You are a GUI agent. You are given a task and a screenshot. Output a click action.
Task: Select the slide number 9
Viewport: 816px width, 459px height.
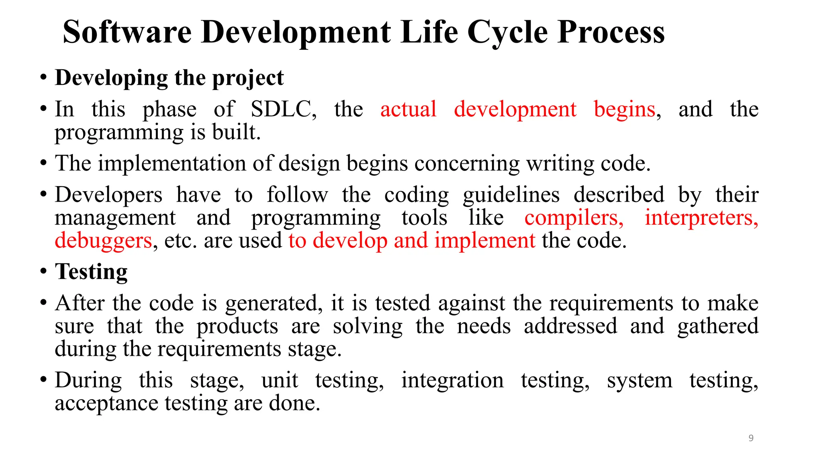tap(751, 438)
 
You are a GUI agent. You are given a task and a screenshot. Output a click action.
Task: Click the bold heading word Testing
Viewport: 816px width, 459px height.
tap(91, 272)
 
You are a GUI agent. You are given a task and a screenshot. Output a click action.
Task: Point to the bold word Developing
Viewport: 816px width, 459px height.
tap(111, 78)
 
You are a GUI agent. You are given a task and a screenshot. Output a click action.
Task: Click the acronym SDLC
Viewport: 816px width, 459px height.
tap(283, 109)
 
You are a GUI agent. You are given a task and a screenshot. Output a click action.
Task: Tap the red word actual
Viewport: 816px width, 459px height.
tap(408, 109)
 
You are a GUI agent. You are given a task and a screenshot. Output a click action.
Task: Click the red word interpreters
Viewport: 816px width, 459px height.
tap(701, 218)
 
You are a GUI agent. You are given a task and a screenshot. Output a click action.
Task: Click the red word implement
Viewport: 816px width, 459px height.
tap(484, 241)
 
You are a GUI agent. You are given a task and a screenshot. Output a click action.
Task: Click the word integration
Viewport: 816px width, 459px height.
tap(452, 380)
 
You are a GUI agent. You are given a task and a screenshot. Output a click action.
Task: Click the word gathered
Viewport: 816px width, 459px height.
tap(718, 326)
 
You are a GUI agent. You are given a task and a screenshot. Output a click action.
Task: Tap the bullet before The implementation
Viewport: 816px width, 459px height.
tap(44, 163)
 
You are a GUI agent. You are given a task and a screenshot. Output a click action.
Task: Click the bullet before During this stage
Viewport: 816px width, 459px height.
tap(44, 380)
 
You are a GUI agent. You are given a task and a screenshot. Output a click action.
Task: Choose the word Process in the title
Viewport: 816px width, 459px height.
tap(611, 33)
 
